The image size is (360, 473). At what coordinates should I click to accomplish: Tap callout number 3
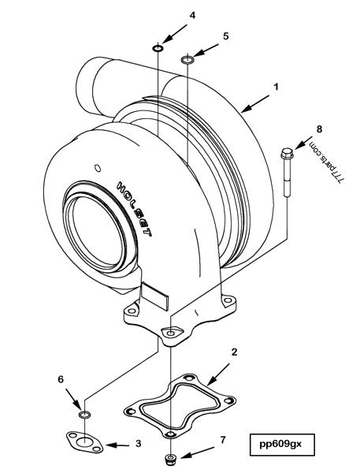tap(138, 444)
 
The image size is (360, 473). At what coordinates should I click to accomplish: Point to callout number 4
tap(170, 14)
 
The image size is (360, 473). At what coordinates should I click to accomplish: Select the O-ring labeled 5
tap(187, 60)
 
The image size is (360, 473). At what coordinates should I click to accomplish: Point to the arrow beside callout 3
tap(116, 445)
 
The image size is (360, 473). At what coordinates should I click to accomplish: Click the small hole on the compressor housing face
tap(97, 167)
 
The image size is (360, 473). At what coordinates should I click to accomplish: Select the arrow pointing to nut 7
tap(198, 452)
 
